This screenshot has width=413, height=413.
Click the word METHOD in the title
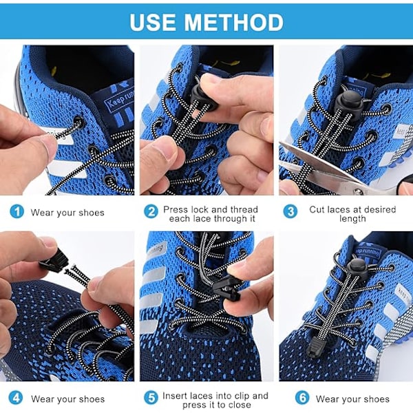pyautogui.click(x=233, y=23)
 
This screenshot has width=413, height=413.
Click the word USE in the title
pyautogui.click(x=153, y=23)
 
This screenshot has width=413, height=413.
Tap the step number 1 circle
pyautogui.click(x=17, y=211)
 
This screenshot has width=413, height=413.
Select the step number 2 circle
pyautogui.click(x=151, y=212)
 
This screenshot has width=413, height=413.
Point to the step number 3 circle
pyautogui.click(x=290, y=211)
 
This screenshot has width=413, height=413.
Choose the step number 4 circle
pyautogui.click(x=16, y=398)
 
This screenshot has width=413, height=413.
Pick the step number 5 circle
pyautogui.click(x=151, y=398)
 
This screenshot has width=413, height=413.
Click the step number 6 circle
pyautogui.click(x=302, y=398)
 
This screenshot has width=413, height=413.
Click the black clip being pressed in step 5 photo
pyautogui.click(x=226, y=290)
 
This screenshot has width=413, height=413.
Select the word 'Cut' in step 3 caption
pyautogui.click(x=317, y=210)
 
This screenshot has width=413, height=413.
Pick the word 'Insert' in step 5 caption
pyautogui.click(x=175, y=396)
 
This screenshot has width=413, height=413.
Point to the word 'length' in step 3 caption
pyautogui.click(x=352, y=219)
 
